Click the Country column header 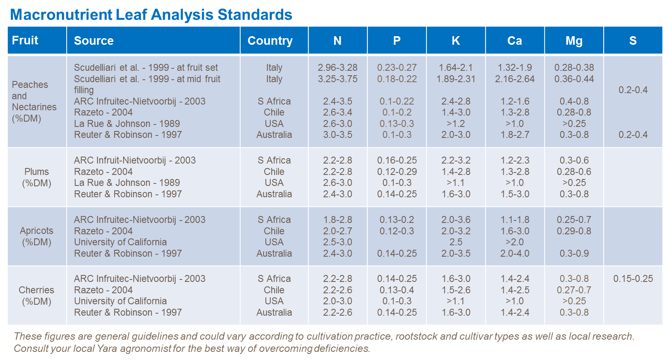tap(270, 41)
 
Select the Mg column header tap(574, 41)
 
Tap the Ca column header tap(514, 41)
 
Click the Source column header tap(94, 41)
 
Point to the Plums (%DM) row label tap(37, 177)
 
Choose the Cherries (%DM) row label tap(37, 296)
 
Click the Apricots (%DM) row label tap(37, 236)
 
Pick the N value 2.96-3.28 tap(337, 68)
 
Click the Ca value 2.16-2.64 tap(515, 79)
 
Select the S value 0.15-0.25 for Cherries tap(633, 279)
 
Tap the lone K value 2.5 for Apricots tap(456, 242)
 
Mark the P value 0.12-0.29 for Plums tap(397, 172)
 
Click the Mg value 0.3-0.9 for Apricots tap(574, 253)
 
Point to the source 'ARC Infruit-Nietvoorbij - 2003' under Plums tap(135, 160)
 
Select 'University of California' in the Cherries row tap(120, 301)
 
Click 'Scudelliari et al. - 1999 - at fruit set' tap(146, 68)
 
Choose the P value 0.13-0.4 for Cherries tap(397, 290)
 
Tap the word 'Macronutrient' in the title tap(61, 15)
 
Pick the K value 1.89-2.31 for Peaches tap(456, 79)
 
